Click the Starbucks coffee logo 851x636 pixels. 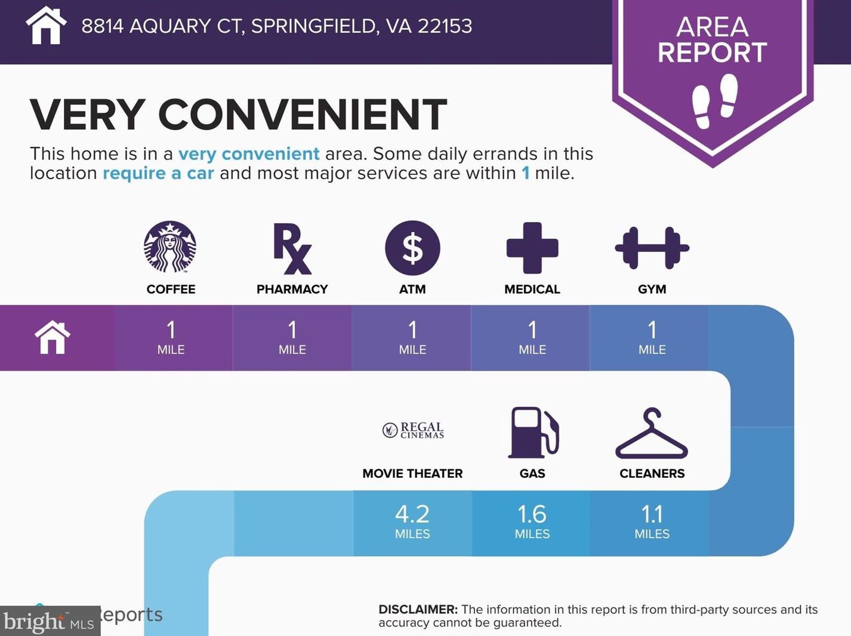click(170, 247)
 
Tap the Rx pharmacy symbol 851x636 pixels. click(292, 248)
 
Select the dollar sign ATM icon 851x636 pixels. click(412, 248)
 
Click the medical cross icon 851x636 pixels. click(532, 248)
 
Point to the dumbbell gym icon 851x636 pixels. click(652, 248)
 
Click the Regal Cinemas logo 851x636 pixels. click(413, 430)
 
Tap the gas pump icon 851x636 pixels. click(533, 433)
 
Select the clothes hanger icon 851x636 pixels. click(652, 434)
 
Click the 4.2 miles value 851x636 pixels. click(412, 521)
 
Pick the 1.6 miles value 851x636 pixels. click(532, 521)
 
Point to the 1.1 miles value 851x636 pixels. click(652, 521)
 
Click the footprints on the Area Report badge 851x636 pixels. click(714, 100)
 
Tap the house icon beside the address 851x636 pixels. click(46, 26)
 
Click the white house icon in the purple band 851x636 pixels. click(53, 338)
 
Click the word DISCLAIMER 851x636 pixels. click(418, 610)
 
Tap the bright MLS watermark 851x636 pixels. click(49, 622)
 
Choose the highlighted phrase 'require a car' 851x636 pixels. click(158, 174)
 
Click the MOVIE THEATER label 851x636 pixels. click(412, 474)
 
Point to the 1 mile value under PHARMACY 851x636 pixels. click(292, 337)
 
